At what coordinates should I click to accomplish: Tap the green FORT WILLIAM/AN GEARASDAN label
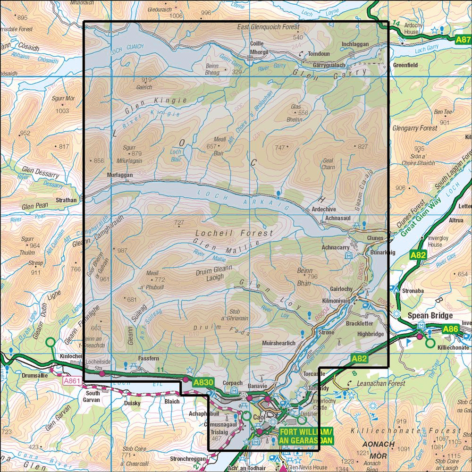(x=306, y=437)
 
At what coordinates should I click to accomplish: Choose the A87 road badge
(x=463, y=41)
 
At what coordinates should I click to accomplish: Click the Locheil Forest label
(x=234, y=233)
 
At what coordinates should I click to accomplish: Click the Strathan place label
(x=66, y=200)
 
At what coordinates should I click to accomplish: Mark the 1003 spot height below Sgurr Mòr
(x=62, y=111)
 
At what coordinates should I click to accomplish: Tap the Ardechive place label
(x=321, y=209)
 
